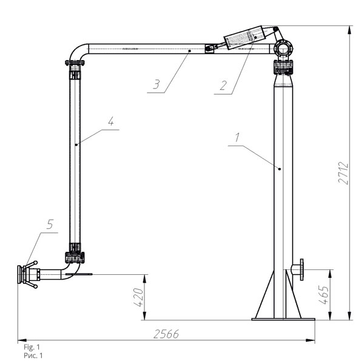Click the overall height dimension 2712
[343, 173]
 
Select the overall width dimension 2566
[166, 334]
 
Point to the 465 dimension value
[323, 295]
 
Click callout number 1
[237, 137]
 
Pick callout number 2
[223, 86]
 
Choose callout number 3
[157, 84]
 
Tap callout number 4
[111, 121]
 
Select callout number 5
[50, 224]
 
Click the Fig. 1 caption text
[32, 347]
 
